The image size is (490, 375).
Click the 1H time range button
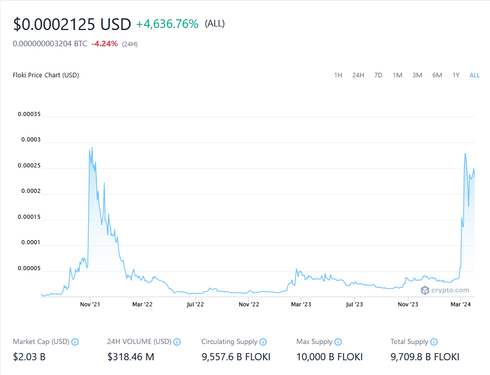338,75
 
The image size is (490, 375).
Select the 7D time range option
378,75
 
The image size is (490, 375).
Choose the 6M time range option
437,75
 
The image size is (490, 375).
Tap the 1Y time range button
456,75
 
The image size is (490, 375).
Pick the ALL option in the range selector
475,75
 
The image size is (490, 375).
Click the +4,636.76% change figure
167,24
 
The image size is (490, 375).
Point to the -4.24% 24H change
105,44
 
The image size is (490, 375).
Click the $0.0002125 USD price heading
72,24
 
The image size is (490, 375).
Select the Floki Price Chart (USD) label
46,75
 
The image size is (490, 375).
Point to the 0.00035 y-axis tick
29,114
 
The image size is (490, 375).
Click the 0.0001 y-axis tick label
31,243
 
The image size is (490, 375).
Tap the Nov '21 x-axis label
90,304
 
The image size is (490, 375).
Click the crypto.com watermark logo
445,291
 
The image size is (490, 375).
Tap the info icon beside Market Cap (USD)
75,342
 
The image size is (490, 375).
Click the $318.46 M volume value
131,357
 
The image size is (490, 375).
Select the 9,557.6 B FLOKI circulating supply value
236,357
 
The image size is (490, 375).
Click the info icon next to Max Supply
338,342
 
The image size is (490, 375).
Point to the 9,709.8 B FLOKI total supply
425,357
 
